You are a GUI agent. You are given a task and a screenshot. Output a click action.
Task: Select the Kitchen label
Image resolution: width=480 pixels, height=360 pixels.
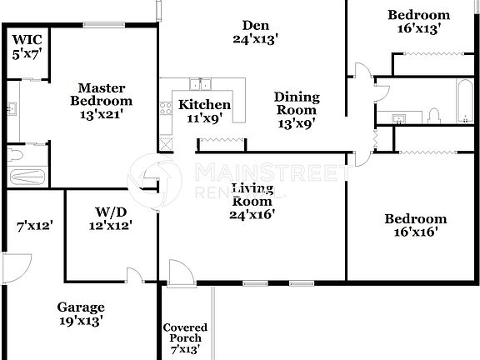click(x=205, y=105)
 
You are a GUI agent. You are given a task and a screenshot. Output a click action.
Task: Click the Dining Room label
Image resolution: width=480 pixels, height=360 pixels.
click(x=296, y=103)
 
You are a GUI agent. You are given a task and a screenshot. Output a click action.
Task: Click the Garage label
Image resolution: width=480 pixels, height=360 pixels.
click(x=81, y=307)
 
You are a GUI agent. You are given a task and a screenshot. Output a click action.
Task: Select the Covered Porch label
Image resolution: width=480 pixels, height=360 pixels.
click(x=185, y=333)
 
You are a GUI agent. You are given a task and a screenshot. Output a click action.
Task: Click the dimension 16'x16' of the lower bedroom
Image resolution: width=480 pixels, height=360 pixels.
click(x=415, y=232)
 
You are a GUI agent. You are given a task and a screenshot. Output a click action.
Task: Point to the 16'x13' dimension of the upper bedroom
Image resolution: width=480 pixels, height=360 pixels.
click(x=419, y=27)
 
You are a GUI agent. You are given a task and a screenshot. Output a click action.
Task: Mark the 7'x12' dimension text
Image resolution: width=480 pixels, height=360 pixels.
click(x=35, y=225)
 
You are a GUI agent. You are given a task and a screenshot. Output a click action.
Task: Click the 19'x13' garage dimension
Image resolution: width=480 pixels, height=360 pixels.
click(x=81, y=320)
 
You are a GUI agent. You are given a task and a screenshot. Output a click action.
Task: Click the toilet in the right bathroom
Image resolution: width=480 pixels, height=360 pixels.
click(x=434, y=113)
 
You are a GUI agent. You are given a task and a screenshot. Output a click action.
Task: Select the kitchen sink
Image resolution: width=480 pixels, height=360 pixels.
click(x=199, y=84)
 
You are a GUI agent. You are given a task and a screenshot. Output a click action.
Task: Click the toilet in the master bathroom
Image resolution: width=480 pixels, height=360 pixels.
click(x=16, y=155)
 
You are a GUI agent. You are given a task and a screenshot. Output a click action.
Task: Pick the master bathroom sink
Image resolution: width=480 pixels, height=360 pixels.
click(x=12, y=109)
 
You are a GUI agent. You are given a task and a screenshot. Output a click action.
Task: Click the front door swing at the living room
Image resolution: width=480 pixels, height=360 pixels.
click(x=178, y=272)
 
